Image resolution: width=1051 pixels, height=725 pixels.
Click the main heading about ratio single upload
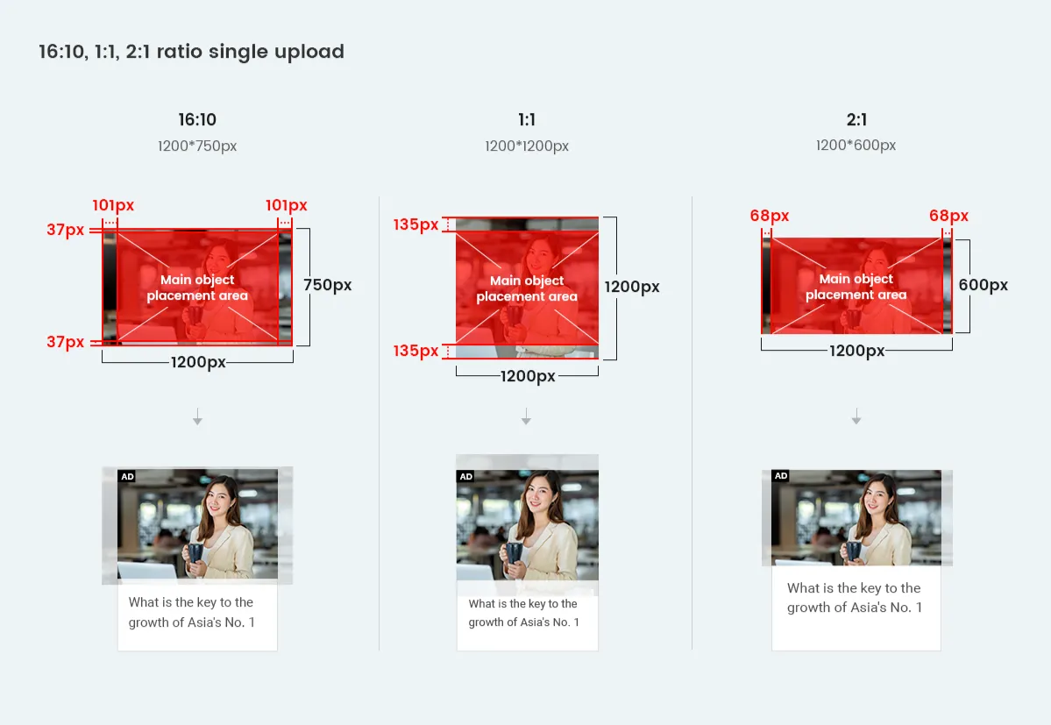(191, 52)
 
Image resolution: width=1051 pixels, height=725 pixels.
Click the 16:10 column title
(197, 120)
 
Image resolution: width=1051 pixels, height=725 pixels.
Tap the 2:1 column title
(856, 120)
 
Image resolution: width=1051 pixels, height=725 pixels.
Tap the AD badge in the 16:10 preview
(127, 476)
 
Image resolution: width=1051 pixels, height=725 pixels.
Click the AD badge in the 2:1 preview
(781, 476)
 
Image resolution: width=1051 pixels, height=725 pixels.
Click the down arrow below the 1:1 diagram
(526, 416)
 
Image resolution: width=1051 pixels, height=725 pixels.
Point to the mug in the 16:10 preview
(195, 553)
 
